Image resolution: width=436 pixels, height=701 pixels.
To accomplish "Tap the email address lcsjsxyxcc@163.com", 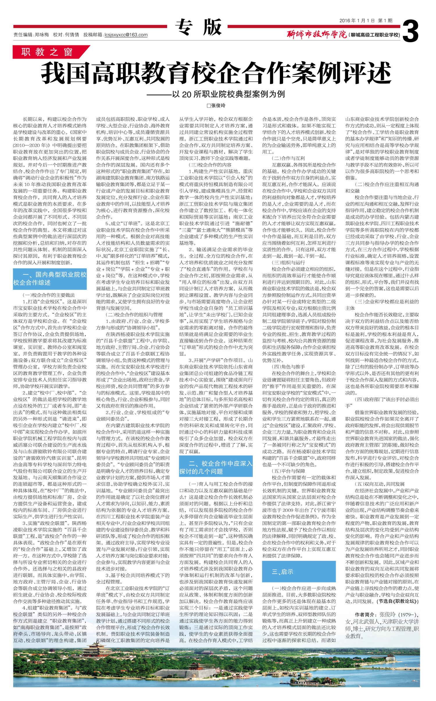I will click(126, 35).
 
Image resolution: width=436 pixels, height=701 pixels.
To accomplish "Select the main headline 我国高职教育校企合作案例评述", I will click(216, 74).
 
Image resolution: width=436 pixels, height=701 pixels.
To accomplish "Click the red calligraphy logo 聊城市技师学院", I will click(317, 35).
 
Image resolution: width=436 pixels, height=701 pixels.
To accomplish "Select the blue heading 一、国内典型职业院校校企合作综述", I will click(50, 279).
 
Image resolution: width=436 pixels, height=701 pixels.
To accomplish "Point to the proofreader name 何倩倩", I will click(72, 35).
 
